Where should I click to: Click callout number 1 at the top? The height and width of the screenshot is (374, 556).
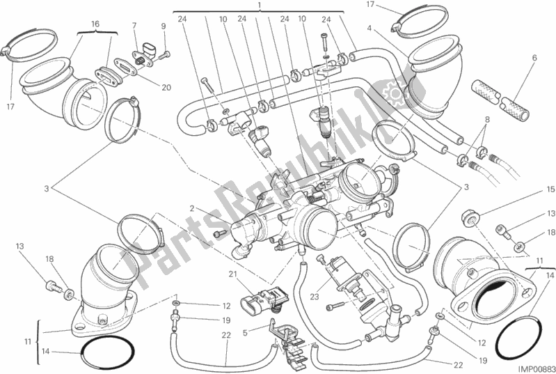pyautogui.click(x=259, y=5)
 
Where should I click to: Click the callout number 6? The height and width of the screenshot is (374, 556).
pyautogui.click(x=534, y=58)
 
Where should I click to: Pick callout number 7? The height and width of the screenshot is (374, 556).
pyautogui.click(x=134, y=26)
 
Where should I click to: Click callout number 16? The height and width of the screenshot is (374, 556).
pyautogui.click(x=95, y=24)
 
